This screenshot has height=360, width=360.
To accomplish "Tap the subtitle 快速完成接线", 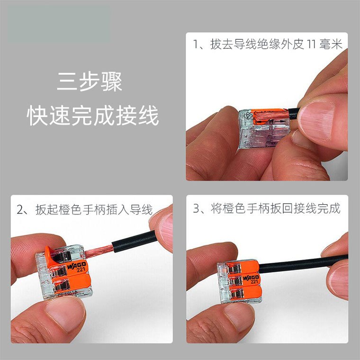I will coord(92,116).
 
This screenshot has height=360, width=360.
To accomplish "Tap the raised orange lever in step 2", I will coord(54,256).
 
